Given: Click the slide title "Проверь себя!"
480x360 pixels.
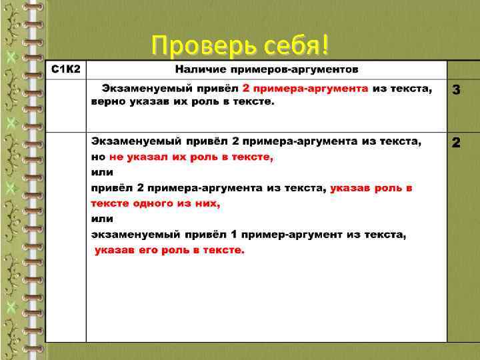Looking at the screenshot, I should click(x=240, y=45).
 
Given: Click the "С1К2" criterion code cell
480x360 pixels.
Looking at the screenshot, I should click(x=66, y=69).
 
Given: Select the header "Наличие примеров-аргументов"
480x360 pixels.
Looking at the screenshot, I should click(x=267, y=69).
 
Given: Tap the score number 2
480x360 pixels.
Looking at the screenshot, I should click(x=457, y=142).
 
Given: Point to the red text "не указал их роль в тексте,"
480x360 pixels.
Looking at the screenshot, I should click(x=191, y=157).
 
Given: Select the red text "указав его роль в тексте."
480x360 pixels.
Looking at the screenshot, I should click(x=170, y=250).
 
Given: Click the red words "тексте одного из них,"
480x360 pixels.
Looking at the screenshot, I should click(x=155, y=203).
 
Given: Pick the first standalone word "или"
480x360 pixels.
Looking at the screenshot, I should click(x=102, y=172).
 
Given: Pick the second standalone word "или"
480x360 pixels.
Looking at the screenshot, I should click(x=102, y=219).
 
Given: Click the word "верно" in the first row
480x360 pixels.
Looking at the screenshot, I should click(x=107, y=101).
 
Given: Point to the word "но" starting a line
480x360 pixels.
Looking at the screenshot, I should click(x=98, y=157).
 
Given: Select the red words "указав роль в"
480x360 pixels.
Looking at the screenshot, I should click(x=371, y=188).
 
